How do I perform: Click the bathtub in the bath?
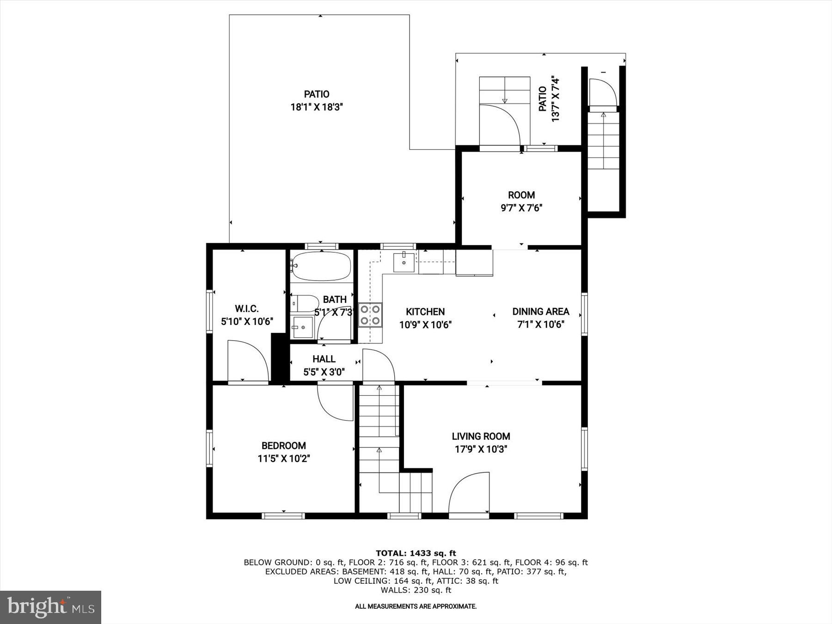pos(321,266)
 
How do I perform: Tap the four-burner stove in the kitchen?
pos(370,315)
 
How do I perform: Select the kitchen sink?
pos(404,262)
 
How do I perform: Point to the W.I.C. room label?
pos(247,309)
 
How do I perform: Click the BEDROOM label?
pos(283,446)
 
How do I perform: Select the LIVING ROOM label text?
pos(481,436)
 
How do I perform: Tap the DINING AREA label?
pos(540,312)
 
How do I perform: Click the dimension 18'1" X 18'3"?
pos(317,107)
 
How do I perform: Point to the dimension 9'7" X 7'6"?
pos(521,208)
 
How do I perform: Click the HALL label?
pos(324,359)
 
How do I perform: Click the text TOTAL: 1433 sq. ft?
pos(416,553)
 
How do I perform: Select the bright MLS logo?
pos(50,607)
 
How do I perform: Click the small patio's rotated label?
pos(549,100)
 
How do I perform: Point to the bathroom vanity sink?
pos(303,328)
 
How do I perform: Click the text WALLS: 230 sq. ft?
pos(416,590)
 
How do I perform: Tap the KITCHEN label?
pos(425,312)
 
